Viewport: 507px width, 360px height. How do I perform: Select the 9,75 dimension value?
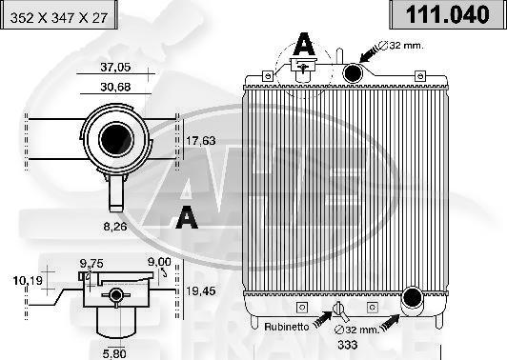click(x=91, y=263)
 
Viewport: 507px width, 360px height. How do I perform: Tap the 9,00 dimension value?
click(x=159, y=263)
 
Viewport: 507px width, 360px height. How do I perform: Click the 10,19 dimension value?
click(x=29, y=281)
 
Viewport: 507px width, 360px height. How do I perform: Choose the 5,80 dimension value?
click(x=114, y=353)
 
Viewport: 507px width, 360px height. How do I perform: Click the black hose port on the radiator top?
click(x=354, y=72)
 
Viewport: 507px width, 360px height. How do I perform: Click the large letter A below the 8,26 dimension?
click(x=187, y=218)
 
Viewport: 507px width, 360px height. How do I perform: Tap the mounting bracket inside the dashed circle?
click(x=304, y=68)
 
